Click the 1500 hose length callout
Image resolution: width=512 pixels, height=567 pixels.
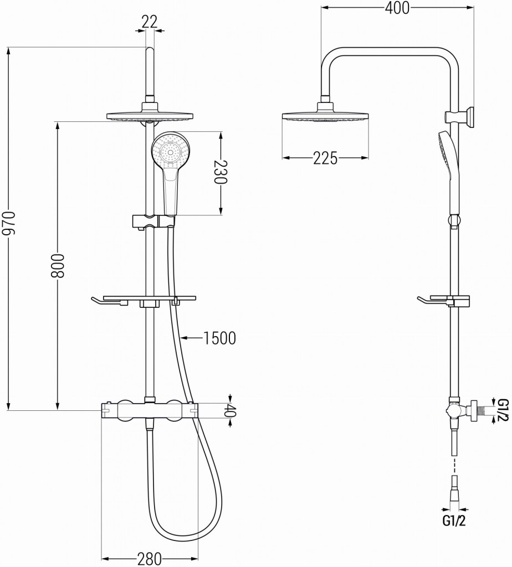(219, 337)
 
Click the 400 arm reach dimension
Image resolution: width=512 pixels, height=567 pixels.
(397, 8)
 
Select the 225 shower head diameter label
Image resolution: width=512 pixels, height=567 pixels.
(325, 158)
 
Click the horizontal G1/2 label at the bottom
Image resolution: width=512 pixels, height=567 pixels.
(453, 520)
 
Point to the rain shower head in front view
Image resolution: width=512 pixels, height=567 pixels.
(149, 116)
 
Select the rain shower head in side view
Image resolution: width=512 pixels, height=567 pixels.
(325, 116)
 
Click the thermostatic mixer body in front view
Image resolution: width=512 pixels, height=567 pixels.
(149, 410)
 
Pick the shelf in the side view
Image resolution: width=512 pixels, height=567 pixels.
(443, 301)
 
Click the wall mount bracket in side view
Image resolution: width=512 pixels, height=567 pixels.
(459, 116)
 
